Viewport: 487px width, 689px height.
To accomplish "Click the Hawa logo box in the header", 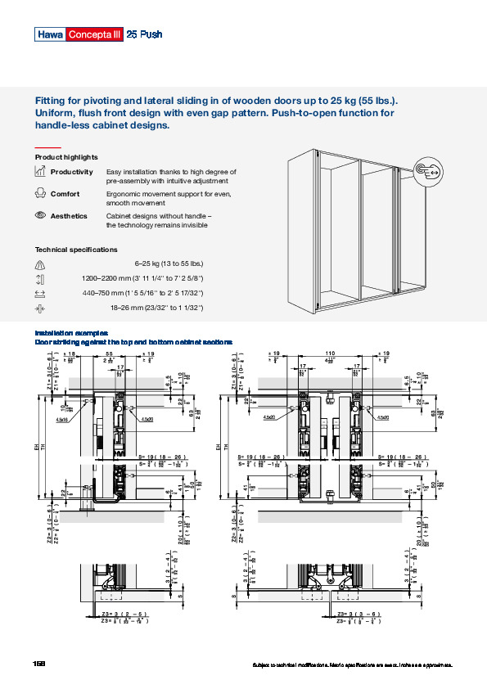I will pos(48,34).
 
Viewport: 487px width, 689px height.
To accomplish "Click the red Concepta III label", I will pos(93,34).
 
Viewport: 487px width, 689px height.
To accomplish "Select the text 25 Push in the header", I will pos(145,34).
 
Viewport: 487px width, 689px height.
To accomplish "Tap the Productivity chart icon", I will pos(39,172).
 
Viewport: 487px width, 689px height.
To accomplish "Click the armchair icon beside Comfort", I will pos(39,194).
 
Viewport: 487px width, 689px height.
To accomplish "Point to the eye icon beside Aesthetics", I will pos(39,215).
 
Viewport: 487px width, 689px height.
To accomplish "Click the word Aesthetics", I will pos(69,216).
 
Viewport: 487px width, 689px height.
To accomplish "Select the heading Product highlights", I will pos(66,157).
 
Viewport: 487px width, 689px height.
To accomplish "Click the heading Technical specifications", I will pos(76,250).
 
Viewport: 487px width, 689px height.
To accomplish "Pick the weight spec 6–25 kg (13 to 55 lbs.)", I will pos(169,263).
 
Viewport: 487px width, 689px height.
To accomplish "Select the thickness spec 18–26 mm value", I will pos(156,308).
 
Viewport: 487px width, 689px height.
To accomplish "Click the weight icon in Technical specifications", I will pos(39,264).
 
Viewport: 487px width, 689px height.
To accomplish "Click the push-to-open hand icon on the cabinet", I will pos(431,172).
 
